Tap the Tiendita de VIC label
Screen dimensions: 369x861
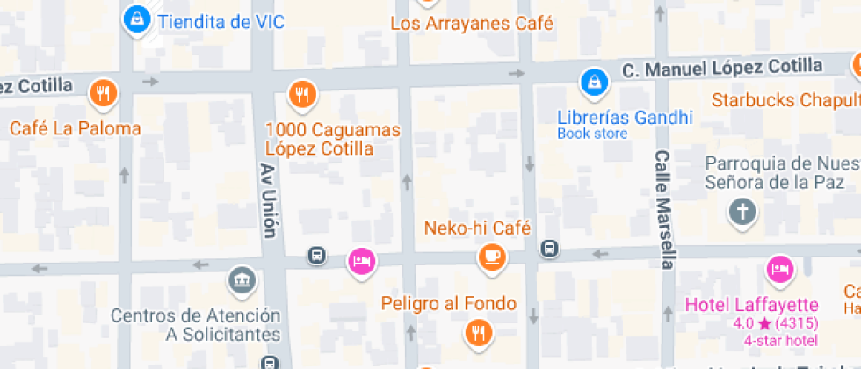coord(221,22)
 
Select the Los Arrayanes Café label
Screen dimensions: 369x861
coord(472,24)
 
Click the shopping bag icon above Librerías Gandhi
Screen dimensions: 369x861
coord(594,84)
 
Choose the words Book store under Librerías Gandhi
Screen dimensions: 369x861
coord(592,134)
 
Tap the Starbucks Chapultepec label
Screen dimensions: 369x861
coord(785,98)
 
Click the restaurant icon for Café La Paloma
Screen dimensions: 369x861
coord(104,92)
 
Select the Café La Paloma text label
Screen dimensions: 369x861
coord(75,128)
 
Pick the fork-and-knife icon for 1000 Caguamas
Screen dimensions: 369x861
coord(302,92)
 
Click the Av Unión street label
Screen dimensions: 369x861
coord(268,199)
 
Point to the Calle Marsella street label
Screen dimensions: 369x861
coord(664,208)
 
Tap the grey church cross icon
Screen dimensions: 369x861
coord(742,212)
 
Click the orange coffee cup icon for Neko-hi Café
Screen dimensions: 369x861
coord(490,257)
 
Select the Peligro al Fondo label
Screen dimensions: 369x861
coord(448,304)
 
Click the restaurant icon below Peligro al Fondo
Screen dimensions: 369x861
coord(478,331)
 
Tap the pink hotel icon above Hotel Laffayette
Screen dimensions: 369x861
coord(778,269)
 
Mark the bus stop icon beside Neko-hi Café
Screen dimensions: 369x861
coord(549,249)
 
